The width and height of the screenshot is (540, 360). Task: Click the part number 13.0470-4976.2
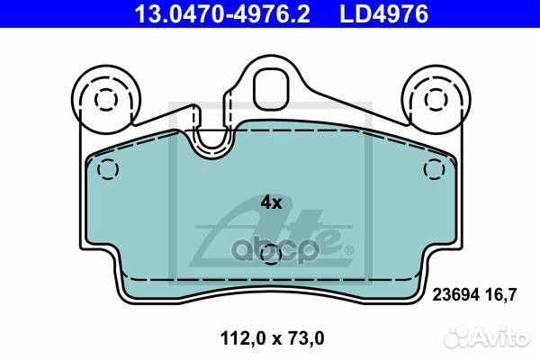tap(222, 14)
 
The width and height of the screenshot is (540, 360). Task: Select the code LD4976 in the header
tap(384, 14)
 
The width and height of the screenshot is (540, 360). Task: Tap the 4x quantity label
tap(271, 202)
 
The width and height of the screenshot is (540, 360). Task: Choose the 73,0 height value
tap(304, 338)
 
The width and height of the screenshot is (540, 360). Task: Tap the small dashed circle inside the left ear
tap(106, 99)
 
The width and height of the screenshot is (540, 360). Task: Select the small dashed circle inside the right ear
tap(436, 99)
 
